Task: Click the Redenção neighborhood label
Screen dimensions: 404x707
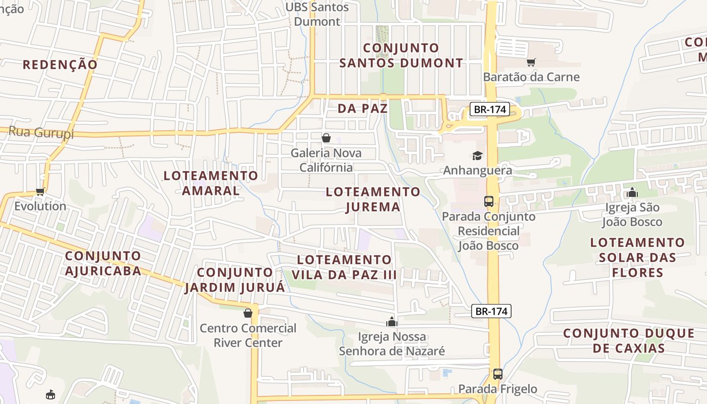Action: [x=60, y=65]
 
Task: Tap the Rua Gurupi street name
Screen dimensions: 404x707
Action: [x=41, y=133]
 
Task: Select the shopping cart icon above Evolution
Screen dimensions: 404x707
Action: [x=40, y=191]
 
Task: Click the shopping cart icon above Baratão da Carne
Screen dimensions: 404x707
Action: [x=531, y=62]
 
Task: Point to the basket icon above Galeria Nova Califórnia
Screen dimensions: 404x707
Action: [x=326, y=137]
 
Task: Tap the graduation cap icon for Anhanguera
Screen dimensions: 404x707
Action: [x=477, y=156]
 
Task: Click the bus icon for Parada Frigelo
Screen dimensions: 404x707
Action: [x=498, y=374]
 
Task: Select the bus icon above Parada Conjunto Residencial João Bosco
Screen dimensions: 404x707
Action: [x=489, y=201]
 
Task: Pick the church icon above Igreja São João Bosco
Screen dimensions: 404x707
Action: [x=632, y=192]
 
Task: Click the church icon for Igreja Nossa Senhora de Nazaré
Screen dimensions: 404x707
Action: [x=391, y=322]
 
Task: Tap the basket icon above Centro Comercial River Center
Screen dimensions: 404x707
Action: [x=248, y=313]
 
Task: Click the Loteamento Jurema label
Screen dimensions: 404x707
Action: [x=373, y=199]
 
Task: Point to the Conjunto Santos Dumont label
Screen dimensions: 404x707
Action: [x=401, y=56]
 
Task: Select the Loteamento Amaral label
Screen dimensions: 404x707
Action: [x=211, y=183]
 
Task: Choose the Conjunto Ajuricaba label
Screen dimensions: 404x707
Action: [x=103, y=263]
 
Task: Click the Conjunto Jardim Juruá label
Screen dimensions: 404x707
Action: [x=235, y=280]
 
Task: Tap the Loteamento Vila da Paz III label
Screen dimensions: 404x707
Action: [x=344, y=267]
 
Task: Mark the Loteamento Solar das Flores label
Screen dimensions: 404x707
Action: [x=637, y=258]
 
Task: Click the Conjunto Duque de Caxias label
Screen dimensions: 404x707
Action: [x=629, y=341]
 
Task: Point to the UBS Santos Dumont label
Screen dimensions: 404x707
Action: [x=317, y=14]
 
